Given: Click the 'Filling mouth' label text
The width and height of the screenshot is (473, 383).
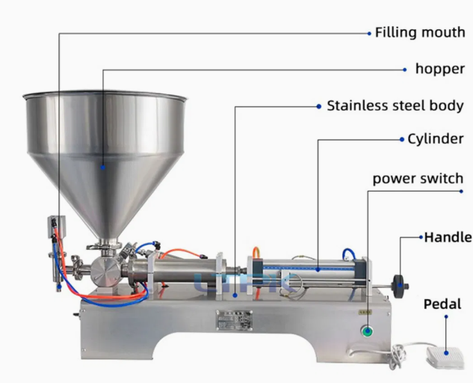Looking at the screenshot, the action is click(420, 32).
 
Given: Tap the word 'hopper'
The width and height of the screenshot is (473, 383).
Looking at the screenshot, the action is click(440, 69).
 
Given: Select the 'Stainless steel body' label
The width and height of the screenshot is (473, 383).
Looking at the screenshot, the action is click(395, 105).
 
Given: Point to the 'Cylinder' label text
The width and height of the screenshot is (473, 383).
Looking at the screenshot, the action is click(436, 139).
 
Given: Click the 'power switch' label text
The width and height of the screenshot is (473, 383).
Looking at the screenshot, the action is click(418, 179).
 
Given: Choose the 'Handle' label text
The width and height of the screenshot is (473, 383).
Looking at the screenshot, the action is click(448, 237).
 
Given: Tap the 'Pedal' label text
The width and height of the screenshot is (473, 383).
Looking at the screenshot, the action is click(442, 304).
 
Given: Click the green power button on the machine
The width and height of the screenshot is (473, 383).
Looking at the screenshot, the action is click(367, 331).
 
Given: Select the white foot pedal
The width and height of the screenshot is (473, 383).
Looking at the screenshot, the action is click(445, 358).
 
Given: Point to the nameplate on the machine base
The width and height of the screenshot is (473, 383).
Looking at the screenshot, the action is click(235, 320).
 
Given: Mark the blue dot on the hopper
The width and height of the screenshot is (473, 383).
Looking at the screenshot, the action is click(103, 168).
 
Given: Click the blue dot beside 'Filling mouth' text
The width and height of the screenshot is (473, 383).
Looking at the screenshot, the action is click(369, 34).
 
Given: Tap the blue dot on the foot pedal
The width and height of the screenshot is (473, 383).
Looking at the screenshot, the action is click(446, 352).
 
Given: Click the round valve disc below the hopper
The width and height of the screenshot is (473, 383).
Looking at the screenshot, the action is click(105, 271).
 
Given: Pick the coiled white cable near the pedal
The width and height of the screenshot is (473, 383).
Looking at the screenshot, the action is click(396, 357).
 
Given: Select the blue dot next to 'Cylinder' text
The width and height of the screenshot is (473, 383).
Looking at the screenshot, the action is click(402, 139).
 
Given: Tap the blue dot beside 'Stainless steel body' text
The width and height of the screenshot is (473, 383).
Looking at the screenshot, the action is click(319, 106).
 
